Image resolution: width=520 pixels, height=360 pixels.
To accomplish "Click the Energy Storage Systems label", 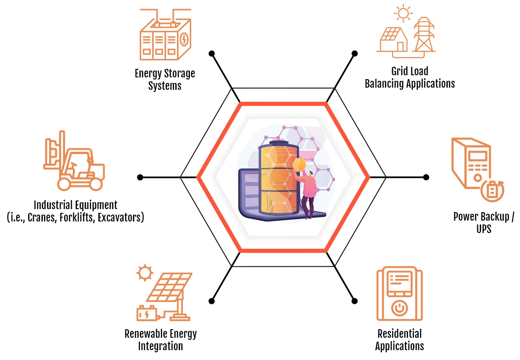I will click(165, 79).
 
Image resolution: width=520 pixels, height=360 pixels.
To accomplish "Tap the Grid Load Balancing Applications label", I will click(410, 77).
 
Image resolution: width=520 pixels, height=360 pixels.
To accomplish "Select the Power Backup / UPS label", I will click(484, 222).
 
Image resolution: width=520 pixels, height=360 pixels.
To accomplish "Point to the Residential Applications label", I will click(399, 339).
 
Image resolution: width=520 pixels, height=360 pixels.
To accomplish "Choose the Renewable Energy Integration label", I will click(160, 339).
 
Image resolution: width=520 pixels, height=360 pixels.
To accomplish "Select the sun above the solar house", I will click(402, 12).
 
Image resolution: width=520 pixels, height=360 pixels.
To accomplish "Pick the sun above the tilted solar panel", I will click(145, 272).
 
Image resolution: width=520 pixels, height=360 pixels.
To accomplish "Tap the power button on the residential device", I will click(399, 307).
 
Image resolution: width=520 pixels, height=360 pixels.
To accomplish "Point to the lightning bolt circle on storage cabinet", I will click(183, 40).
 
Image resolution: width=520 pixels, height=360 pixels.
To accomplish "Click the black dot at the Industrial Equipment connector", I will click(140, 177).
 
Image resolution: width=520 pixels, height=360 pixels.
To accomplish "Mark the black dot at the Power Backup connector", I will click(426, 177).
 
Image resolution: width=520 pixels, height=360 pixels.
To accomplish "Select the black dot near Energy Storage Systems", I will click(211, 54).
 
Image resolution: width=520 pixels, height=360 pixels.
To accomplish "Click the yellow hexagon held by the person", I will click(300, 165).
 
